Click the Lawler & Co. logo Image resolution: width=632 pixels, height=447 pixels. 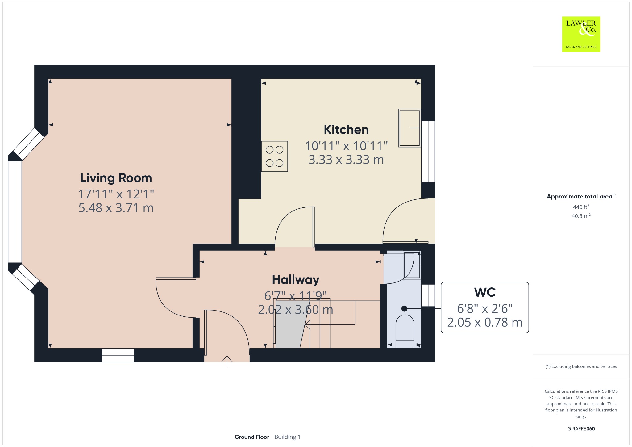coord(581,34)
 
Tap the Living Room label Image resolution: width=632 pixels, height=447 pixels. coord(116,178)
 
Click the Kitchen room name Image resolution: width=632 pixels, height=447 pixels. coord(346,130)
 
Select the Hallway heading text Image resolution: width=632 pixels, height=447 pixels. coord(296,280)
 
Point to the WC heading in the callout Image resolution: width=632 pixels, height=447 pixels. coord(485,292)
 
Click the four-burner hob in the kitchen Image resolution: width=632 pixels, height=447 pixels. coord(275,156)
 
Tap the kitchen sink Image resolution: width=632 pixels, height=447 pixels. coord(410,128)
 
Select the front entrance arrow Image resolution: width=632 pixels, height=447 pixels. coord(227,361)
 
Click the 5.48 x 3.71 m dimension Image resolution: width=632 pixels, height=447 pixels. coord(116,208)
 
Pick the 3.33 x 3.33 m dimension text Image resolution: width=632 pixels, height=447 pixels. coord(346,160)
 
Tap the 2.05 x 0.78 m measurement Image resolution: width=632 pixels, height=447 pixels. coord(485,322)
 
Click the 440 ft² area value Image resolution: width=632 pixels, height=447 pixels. coord(581,207)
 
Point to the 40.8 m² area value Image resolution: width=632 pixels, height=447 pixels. coord(581,216)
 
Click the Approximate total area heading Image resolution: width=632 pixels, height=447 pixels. coord(581,196)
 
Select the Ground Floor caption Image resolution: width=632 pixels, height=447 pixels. coord(252,437)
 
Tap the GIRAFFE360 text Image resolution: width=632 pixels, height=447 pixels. coord(581,428)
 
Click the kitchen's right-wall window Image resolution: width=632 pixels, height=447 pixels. coord(428,152)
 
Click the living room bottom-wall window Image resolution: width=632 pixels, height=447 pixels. coord(118,355)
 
